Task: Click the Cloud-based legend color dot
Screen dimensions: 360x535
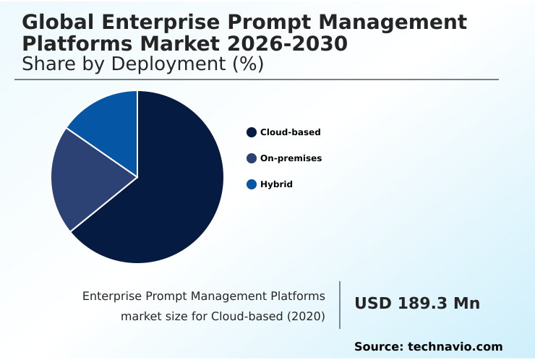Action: (x=252, y=132)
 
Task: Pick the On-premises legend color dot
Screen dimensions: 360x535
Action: (x=252, y=158)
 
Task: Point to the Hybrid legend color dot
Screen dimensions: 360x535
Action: (x=252, y=184)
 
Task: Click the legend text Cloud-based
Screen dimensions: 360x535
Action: (x=291, y=132)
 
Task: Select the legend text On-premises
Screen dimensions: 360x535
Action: (x=291, y=158)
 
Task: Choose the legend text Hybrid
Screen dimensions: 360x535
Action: (x=276, y=184)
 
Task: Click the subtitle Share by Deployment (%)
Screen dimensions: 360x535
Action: (x=143, y=64)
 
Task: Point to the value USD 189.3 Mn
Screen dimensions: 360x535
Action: (x=417, y=304)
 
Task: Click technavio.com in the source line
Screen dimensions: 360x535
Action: (x=455, y=347)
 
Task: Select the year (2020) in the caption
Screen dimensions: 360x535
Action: (x=306, y=316)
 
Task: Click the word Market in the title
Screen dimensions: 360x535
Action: (x=194, y=44)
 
